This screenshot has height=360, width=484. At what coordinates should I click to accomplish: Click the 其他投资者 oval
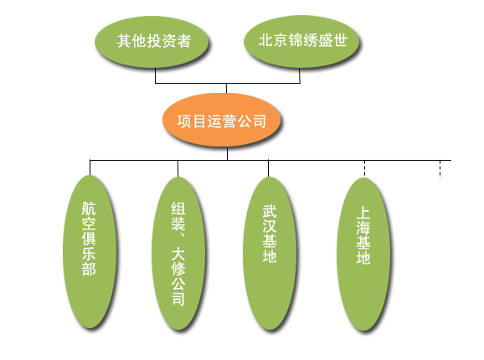152,42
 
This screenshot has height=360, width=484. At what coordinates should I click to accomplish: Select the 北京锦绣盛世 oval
301,42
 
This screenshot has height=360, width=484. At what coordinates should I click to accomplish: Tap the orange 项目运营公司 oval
221,120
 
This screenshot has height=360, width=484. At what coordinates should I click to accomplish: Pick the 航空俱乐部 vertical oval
90,252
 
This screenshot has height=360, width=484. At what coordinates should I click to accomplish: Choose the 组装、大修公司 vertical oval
178,254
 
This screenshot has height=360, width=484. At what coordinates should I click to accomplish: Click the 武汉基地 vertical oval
270,254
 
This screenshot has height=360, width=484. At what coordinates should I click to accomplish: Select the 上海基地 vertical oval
363,255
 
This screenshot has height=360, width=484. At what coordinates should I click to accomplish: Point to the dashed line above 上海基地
364,169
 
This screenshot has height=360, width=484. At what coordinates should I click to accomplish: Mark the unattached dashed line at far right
440,169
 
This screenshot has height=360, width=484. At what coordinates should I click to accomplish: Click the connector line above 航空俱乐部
90,167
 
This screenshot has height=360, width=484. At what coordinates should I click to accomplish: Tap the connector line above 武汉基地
268,168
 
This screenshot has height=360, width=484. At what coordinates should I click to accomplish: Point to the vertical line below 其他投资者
155,75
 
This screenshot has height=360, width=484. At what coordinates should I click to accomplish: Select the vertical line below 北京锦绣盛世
300,75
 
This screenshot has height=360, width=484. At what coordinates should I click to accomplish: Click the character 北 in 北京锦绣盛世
265,40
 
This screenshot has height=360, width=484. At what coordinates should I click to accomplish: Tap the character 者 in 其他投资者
183,41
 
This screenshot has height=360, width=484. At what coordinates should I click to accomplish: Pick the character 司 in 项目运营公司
259,121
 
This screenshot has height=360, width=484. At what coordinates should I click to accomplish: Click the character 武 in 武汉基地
270,212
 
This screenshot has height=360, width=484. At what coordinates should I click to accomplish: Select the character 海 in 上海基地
363,228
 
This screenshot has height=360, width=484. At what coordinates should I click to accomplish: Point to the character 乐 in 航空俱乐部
89,253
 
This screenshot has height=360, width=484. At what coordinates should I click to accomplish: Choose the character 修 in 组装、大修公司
178,269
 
